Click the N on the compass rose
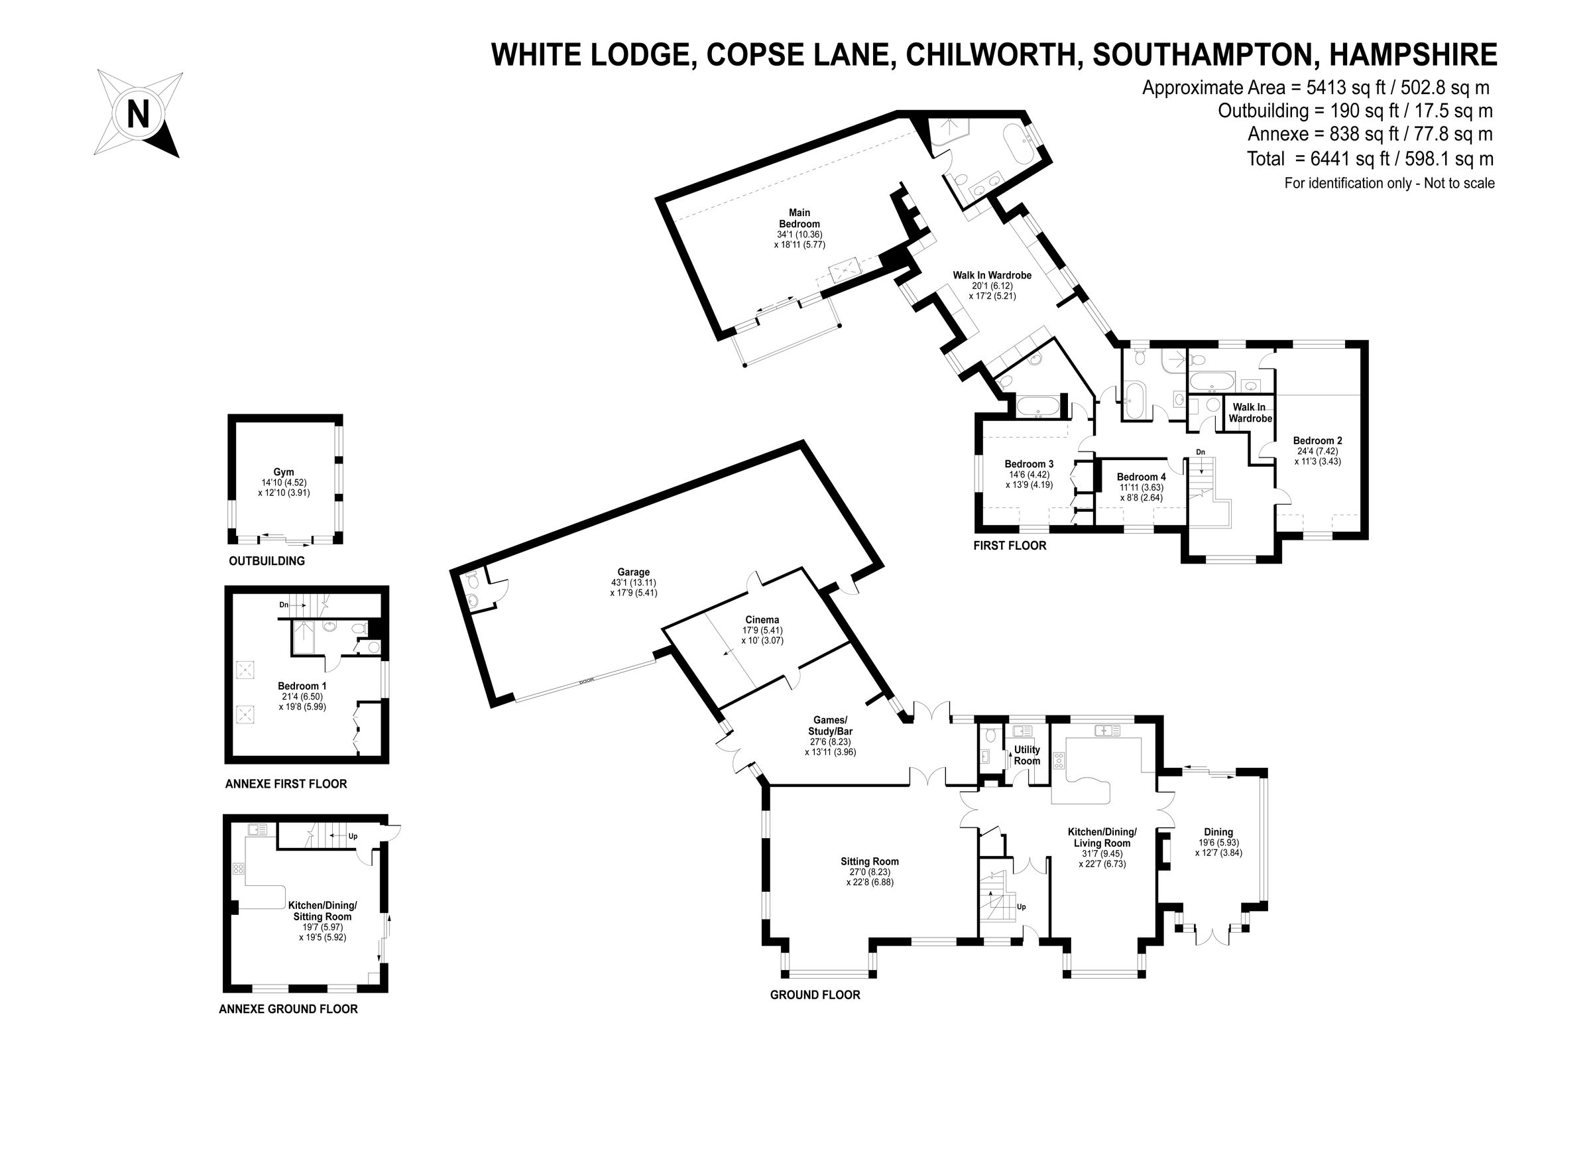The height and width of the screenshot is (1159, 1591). pos(138,113)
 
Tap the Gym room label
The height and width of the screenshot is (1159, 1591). pos(284,472)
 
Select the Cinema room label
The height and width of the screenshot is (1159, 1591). pos(762,620)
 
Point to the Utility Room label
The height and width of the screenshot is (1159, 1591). pos(1027,756)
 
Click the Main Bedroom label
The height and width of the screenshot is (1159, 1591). pos(799,218)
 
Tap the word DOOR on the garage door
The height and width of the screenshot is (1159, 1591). pos(587,681)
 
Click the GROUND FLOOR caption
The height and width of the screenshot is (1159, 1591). pos(815,995)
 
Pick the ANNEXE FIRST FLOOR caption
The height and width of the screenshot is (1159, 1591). pos(286,784)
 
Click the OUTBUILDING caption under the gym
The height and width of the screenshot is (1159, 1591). pos(266,561)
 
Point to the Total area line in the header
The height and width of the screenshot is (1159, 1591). pos(1370,159)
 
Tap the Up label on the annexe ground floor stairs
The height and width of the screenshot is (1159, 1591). pos(353,837)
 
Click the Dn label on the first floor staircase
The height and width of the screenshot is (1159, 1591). pos(1201,452)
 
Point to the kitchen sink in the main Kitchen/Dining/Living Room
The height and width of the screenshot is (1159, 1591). pos(1108,731)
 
